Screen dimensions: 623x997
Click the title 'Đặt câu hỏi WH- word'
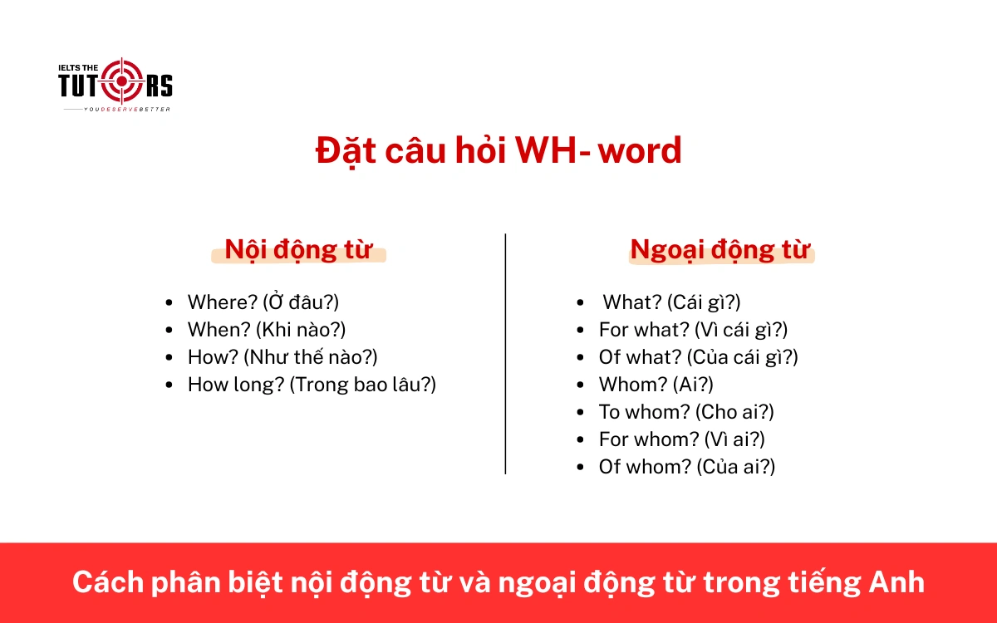[x=498, y=150]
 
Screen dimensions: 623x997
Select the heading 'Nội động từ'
[x=297, y=250]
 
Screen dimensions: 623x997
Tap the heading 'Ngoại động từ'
[x=720, y=250]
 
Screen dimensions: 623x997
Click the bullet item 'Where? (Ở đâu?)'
[x=263, y=302]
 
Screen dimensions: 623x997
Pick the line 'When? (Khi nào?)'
[x=267, y=330]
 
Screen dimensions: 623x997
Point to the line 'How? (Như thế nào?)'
[x=282, y=357]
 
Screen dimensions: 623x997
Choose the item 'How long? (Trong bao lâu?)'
[x=312, y=385]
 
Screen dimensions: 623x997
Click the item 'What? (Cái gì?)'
[x=671, y=302]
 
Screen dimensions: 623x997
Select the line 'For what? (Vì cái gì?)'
[x=693, y=330]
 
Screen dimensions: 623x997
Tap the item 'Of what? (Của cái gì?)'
[x=698, y=357]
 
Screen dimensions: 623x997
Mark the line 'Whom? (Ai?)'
[x=656, y=385]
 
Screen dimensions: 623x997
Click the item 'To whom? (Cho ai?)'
[x=686, y=412]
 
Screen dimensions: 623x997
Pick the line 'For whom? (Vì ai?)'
[x=681, y=439]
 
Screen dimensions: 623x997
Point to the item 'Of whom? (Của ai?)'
[x=687, y=467]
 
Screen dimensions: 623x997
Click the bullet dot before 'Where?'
[x=170, y=303]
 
